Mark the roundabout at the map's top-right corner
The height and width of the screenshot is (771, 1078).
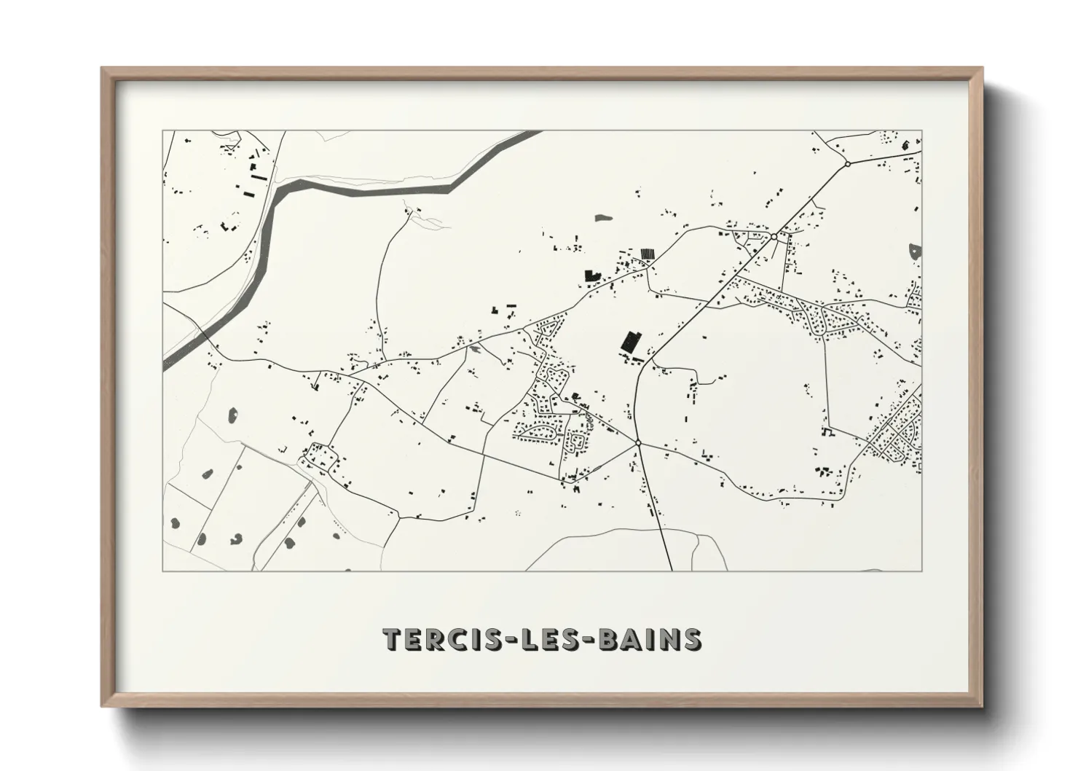847,164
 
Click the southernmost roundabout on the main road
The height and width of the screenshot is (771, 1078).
637,442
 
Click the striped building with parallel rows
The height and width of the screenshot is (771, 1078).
647,253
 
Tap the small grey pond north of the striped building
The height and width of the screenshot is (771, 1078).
603,217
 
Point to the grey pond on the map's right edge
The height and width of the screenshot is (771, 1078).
916,253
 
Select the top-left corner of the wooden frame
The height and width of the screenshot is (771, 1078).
104,70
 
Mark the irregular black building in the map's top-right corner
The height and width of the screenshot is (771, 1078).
905,144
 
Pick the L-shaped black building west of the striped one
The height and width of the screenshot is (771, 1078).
590,276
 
